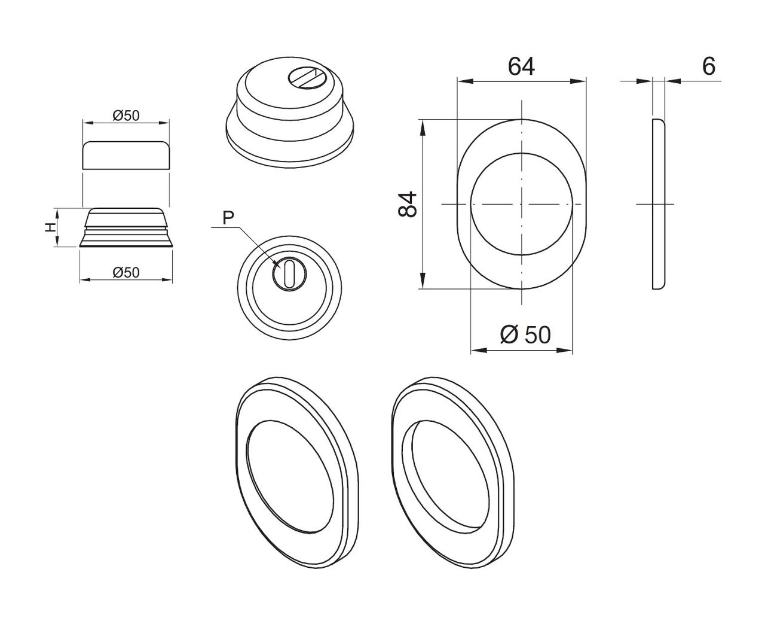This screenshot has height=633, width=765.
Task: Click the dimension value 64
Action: pyautogui.click(x=521, y=66)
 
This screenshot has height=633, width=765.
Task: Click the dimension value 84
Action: pyautogui.click(x=408, y=205)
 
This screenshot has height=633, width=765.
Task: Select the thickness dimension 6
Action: pyautogui.click(x=708, y=66)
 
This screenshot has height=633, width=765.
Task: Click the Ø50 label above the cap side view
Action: pyautogui.click(x=126, y=115)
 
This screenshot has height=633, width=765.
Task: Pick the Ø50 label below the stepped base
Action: pyautogui.click(x=126, y=272)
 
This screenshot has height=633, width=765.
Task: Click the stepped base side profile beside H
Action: pyautogui.click(x=126, y=228)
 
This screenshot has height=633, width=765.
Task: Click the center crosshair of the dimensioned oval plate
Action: pyautogui.click(x=522, y=205)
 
